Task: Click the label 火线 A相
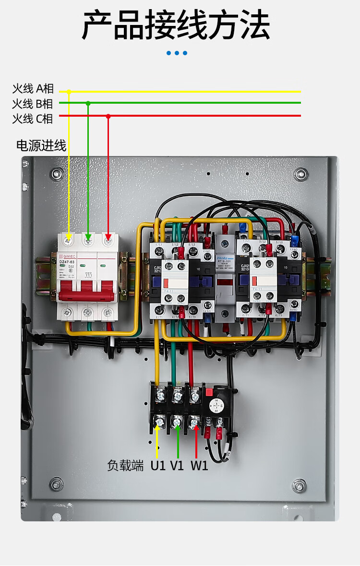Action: [x=33, y=89]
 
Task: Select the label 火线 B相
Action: [x=33, y=104]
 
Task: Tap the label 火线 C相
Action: [x=33, y=119]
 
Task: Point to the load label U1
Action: [x=158, y=465]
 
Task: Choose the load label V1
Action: [x=177, y=465]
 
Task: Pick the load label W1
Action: [x=199, y=465]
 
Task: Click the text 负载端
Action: [x=125, y=465]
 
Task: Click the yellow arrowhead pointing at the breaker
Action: [x=69, y=236]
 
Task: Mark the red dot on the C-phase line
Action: [x=108, y=116]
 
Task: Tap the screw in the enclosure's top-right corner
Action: [x=301, y=174]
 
